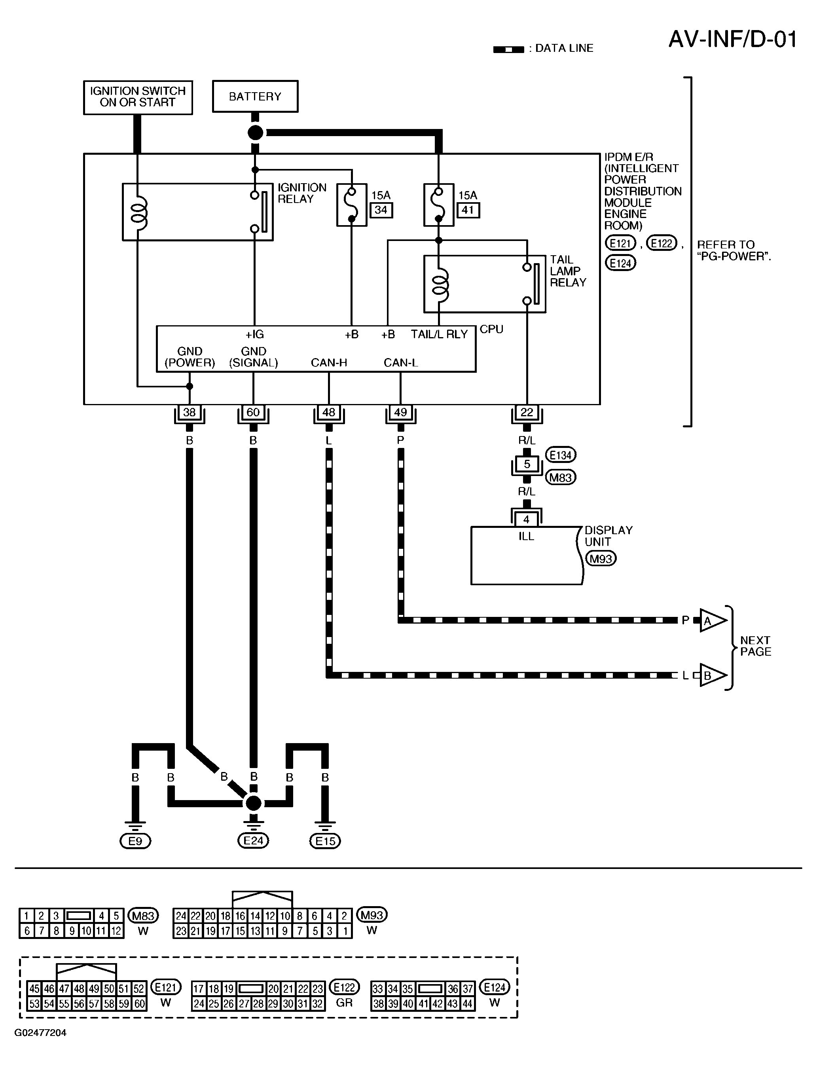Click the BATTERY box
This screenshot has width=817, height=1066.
click(x=255, y=96)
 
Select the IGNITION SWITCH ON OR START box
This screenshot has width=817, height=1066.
click(x=138, y=97)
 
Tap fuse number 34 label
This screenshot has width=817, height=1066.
click(x=381, y=210)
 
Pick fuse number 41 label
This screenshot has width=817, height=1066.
click(x=468, y=210)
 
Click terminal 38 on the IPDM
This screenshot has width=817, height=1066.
click(x=189, y=412)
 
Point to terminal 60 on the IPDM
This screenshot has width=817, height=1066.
click(x=253, y=412)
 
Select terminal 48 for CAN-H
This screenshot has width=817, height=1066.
click(x=329, y=412)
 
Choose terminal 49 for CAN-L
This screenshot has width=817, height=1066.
click(x=400, y=412)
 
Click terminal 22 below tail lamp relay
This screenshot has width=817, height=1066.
click(x=527, y=412)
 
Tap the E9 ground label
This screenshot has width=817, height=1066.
click(x=135, y=841)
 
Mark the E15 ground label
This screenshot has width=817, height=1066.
click(x=325, y=841)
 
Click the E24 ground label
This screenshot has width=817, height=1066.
click(x=253, y=840)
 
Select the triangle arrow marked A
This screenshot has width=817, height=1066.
click(x=713, y=620)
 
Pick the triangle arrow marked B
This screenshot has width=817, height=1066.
click(x=713, y=675)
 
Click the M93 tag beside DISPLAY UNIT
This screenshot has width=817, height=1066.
click(x=601, y=559)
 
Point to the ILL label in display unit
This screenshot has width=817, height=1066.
click(x=526, y=537)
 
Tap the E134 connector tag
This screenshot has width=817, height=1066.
click(x=561, y=455)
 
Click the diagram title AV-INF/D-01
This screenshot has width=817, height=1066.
click(x=733, y=40)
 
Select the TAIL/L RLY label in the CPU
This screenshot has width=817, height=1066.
click(x=439, y=334)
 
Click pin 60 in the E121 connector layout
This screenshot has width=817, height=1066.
click(x=140, y=1003)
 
